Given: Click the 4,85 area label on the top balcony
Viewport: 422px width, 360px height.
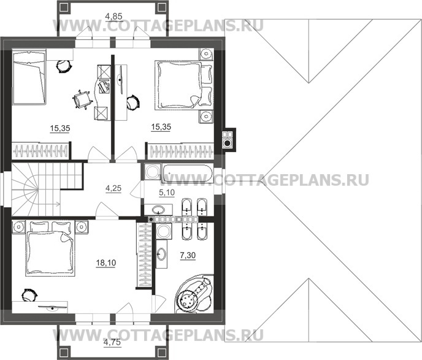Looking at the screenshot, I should (113, 15).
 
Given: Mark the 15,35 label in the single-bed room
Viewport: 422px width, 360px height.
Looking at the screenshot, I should (59, 128).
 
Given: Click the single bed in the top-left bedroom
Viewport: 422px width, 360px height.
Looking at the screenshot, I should (29, 79).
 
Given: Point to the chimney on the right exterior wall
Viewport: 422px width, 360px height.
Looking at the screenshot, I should (228, 139).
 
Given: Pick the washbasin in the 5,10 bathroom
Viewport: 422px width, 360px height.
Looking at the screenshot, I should (161, 212).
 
